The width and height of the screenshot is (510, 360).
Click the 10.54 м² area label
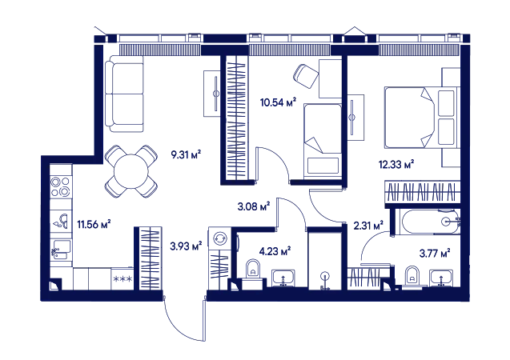[278, 102]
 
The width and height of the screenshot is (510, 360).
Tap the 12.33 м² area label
[396, 165]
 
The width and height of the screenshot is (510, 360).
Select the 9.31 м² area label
[186, 154]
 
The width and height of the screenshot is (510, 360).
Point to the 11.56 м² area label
[94, 224]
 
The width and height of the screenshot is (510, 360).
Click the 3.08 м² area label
[254, 206]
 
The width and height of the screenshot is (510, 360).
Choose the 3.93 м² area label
[186, 246]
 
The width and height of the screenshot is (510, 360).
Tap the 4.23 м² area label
[275, 251]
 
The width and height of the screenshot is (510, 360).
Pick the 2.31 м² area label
[368, 225]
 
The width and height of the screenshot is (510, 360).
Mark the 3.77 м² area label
[435, 253]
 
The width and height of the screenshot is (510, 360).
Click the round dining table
[131, 171]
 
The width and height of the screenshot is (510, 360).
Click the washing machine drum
[219, 238]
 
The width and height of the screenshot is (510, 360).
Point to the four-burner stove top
[61, 187]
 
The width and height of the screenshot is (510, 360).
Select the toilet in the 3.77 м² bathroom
[412, 275]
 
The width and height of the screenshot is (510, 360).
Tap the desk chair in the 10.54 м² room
[306, 76]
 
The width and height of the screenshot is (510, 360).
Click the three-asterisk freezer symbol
[122, 278]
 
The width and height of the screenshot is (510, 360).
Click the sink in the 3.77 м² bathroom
[440, 278]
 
